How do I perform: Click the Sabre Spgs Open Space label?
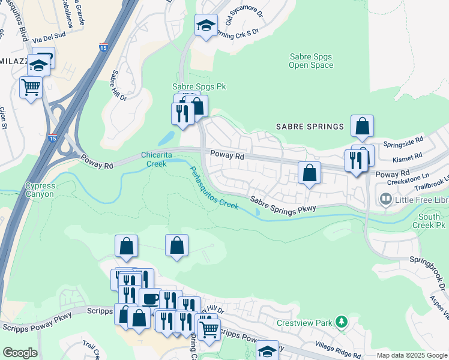pos(311,61)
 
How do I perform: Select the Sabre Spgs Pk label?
pos(199,86)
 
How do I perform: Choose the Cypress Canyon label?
pos(40,190)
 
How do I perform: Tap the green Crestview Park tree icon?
pos(342,323)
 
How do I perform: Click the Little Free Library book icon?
pos(385,198)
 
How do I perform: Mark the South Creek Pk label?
pos(432,221)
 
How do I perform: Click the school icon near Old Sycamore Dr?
pos(206,26)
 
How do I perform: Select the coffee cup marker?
pos(149,298)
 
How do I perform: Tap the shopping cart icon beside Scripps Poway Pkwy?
pos(208,328)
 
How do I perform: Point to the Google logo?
pos(19,353)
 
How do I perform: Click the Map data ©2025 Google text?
pos(411,355)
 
